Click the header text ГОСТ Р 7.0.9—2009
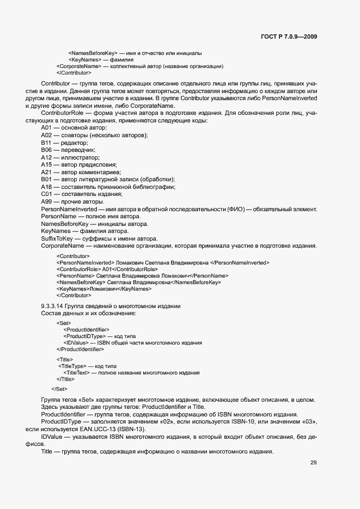coord(289,37)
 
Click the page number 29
coord(314,463)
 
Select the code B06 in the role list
coord(46,149)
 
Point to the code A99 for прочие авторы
coord(46,202)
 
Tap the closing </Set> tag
coord(59,389)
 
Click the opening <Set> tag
coord(63,323)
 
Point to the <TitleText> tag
coord(77,373)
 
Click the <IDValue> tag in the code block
coord(77,343)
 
